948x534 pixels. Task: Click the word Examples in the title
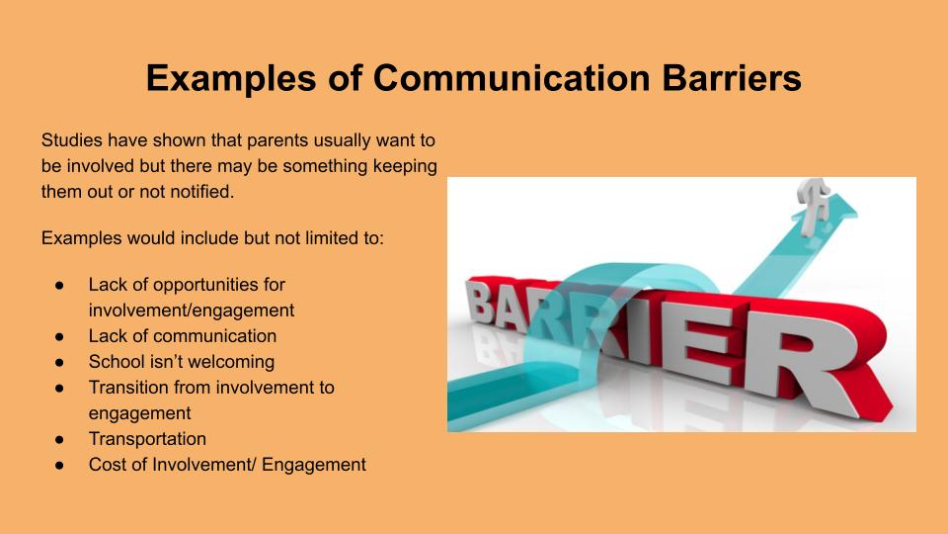pos(231,79)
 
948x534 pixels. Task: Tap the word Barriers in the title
pos(732,77)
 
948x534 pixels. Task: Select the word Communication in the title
pos(512,77)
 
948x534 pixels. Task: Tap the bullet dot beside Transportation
pos(59,439)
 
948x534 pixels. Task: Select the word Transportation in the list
pos(147,439)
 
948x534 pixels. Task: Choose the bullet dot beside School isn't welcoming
pos(59,363)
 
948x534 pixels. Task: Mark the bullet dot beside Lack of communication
pos(59,336)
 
